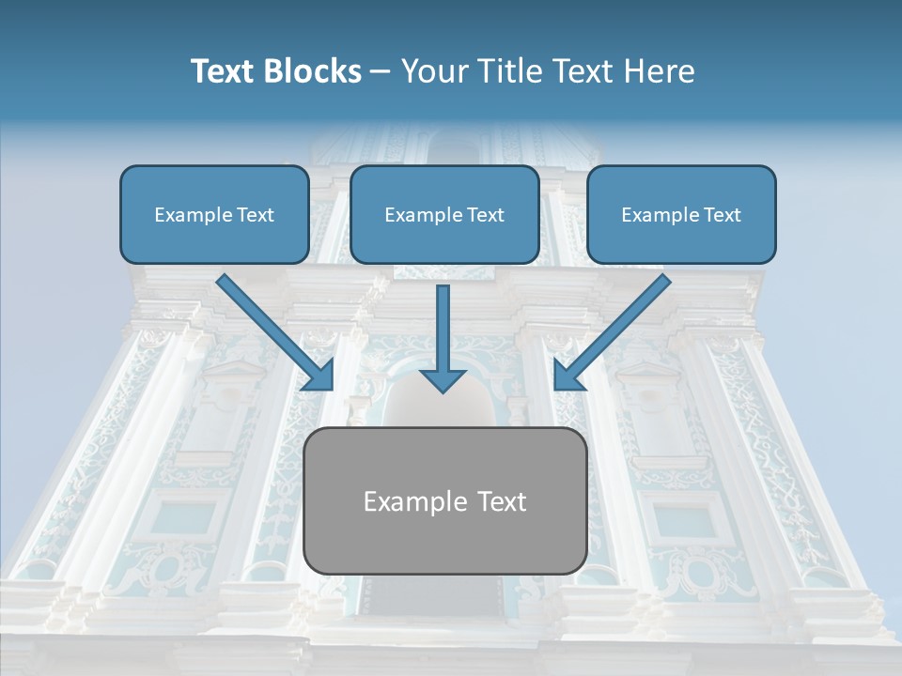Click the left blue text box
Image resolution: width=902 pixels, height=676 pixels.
(214, 215)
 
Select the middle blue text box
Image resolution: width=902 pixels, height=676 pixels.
(444, 215)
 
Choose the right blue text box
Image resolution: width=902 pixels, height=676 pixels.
(681, 215)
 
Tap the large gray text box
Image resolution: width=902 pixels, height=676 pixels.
(444, 501)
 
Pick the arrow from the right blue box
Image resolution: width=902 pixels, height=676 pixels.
(615, 329)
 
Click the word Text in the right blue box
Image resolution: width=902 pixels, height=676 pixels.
(722, 215)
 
